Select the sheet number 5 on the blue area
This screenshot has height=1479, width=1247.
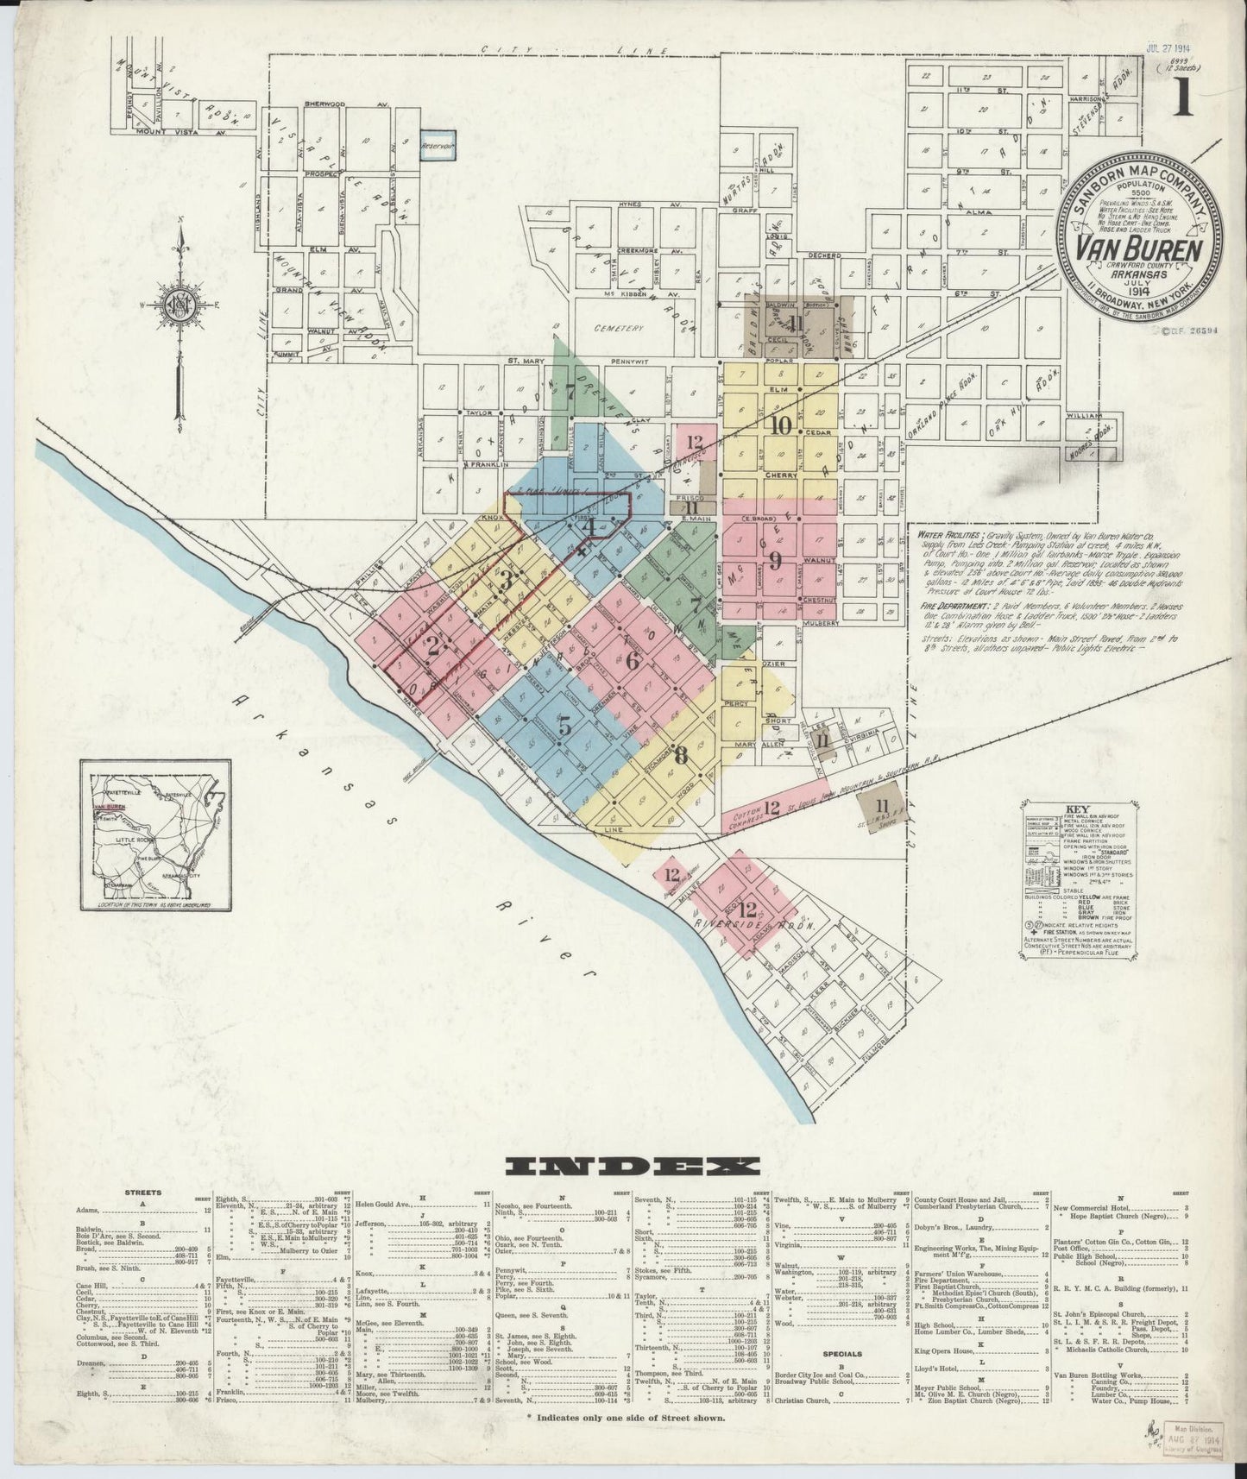[564, 726]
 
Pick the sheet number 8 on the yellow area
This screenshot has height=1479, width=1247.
[681, 755]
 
